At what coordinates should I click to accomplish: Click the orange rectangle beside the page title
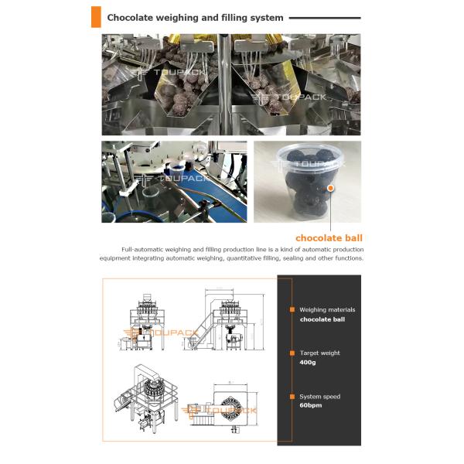click(x=96, y=16)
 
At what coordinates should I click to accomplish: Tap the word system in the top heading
click(x=265, y=17)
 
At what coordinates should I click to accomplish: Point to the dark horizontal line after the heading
click(x=326, y=17)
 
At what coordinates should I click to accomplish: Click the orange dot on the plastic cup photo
click(x=330, y=187)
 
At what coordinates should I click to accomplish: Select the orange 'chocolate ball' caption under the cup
click(x=329, y=237)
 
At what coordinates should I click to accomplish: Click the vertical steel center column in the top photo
click(x=230, y=85)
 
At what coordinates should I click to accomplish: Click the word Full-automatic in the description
click(x=144, y=249)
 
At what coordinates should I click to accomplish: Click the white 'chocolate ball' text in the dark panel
click(x=322, y=319)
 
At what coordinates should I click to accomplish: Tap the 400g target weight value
click(x=308, y=362)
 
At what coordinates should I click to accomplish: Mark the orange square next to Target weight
click(x=292, y=353)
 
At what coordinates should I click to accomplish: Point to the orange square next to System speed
click(x=292, y=397)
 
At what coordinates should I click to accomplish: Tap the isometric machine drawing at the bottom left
click(x=147, y=398)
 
